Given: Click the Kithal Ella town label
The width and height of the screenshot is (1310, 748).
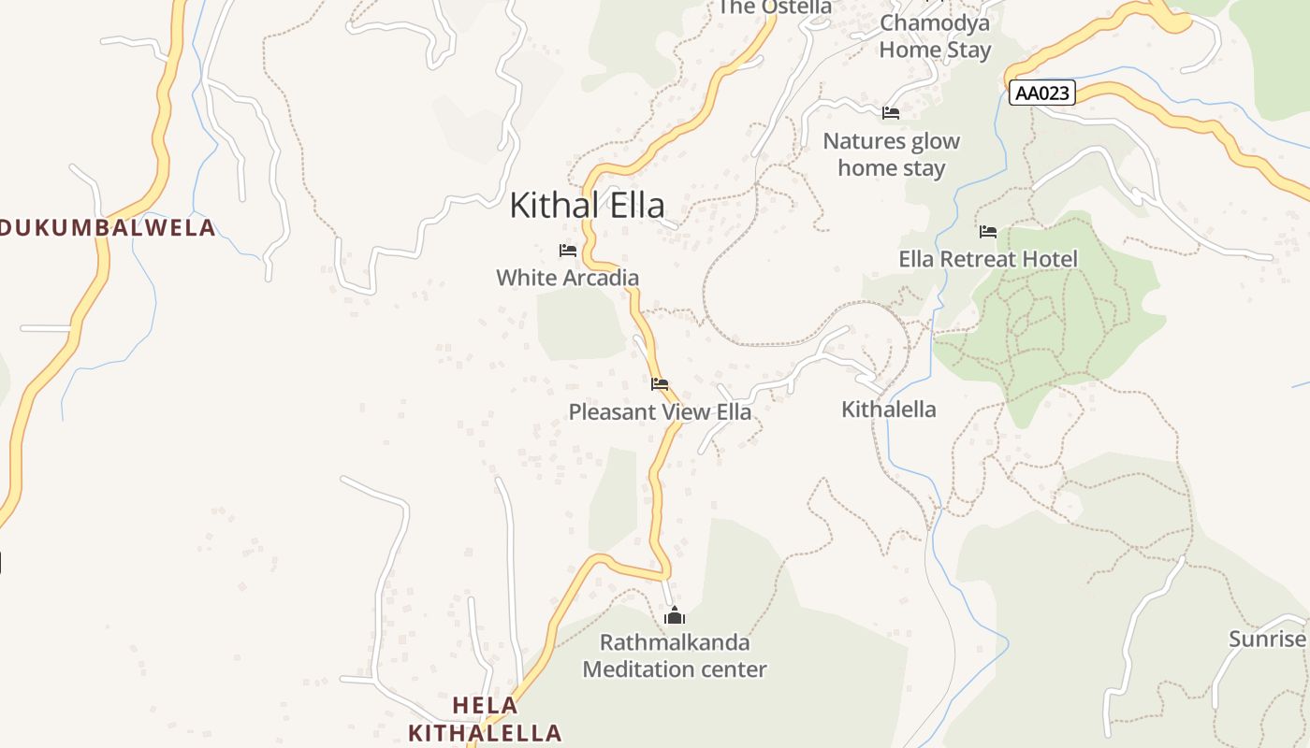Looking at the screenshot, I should tap(587, 206).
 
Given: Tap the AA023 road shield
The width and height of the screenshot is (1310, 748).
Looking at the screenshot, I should tap(1042, 93).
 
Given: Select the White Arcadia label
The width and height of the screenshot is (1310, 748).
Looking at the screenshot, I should tap(567, 278).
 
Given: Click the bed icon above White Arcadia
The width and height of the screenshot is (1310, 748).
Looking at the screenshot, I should tap(567, 251).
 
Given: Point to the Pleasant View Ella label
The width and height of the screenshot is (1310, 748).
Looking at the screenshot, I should tap(660, 411).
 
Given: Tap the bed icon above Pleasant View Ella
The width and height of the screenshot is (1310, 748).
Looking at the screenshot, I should tap(660, 384).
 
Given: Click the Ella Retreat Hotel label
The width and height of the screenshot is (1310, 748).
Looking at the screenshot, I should tap(988, 259).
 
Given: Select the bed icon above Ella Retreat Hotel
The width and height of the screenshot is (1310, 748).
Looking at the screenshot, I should tap(988, 232).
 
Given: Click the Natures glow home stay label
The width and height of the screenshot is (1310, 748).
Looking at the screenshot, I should tap(891, 155).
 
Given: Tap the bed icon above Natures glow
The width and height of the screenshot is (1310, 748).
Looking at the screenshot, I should tap(891, 113).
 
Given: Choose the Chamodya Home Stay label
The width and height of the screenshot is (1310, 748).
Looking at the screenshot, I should tap(935, 36).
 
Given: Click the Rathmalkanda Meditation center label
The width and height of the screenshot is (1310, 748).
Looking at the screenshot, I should tap(675, 656).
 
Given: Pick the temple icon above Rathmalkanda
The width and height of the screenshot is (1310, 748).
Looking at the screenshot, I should tap(675, 615).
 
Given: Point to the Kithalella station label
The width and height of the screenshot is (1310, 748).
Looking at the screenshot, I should tap(888, 410).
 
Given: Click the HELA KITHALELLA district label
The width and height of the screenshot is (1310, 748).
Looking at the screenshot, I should tap(486, 719).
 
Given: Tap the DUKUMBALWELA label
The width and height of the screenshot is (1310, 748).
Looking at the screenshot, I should tap(108, 228).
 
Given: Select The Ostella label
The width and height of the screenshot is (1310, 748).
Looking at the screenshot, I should tap(775, 7).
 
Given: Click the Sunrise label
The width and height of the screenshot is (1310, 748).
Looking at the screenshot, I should tap(1267, 640).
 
